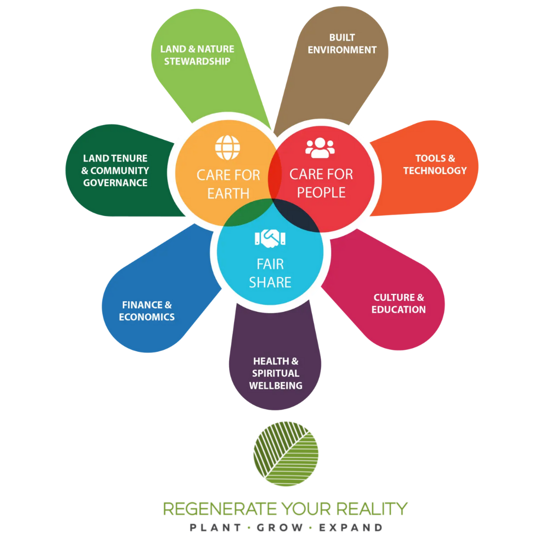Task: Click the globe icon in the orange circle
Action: point(228,147)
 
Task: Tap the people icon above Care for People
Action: point(320,147)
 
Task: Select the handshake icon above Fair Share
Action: point(270,238)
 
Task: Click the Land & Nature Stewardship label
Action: point(197,55)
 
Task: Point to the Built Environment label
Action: point(342,43)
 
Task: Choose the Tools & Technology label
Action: point(435,165)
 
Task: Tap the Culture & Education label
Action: point(399,303)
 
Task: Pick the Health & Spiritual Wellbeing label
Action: point(276,373)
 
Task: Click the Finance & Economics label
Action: point(147,311)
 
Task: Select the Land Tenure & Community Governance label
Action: point(115,171)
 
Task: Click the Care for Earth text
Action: point(228,184)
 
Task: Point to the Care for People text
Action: point(321,183)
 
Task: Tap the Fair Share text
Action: point(270,273)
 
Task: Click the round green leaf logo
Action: point(286,453)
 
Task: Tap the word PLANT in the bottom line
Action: point(214,528)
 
